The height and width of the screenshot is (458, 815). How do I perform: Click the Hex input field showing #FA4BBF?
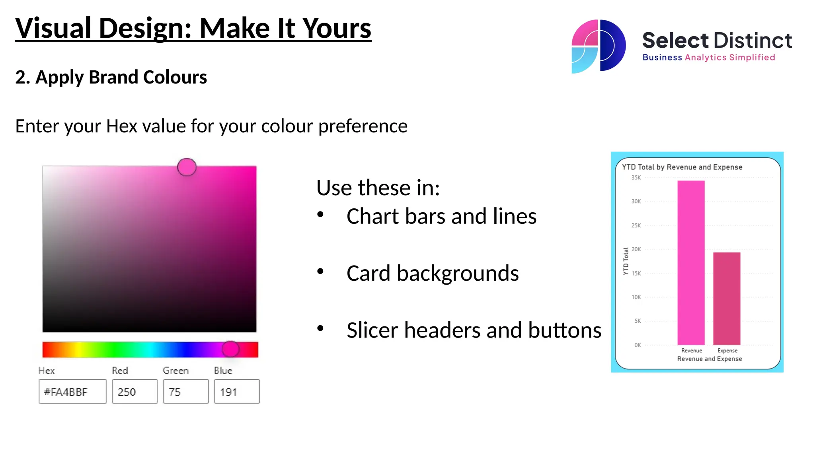point(72,392)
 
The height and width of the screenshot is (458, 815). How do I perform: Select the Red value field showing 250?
point(135,392)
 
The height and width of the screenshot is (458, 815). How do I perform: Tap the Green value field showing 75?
point(185,392)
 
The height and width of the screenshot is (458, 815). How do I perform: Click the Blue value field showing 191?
point(237,392)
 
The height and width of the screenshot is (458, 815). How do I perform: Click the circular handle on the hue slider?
point(230,349)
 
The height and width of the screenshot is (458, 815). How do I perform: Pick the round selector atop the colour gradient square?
point(187,167)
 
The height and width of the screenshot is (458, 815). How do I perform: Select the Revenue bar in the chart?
point(691,262)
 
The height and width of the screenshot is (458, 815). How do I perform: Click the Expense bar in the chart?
point(727,298)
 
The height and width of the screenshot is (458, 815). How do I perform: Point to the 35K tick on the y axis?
point(636,178)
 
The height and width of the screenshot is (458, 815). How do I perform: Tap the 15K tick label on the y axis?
point(636,274)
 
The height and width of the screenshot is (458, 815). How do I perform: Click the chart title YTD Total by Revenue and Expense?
point(682,167)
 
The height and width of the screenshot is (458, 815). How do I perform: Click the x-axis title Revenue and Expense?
point(710,359)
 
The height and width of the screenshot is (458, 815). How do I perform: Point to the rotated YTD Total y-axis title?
point(626,261)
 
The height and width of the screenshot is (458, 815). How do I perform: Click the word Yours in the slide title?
point(337,29)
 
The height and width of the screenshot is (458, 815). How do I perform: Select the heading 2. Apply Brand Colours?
point(111,77)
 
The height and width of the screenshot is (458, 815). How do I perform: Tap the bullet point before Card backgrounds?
point(320,272)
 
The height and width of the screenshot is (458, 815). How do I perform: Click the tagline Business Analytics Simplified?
point(709,58)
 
